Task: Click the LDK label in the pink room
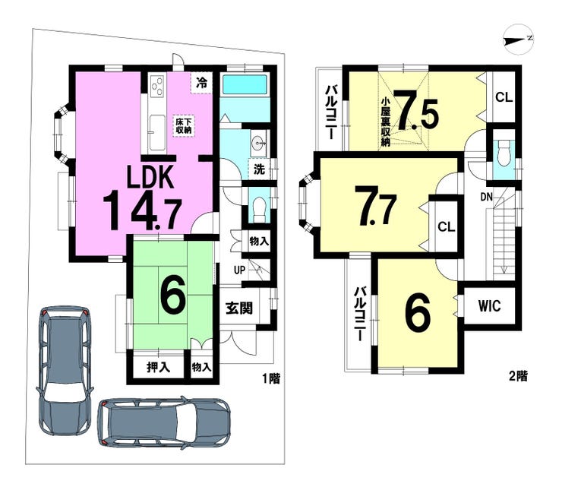coord(150,177)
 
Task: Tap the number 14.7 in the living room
coord(142,210)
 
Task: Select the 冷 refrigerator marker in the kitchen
coord(201,84)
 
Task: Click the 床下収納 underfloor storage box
coord(184,126)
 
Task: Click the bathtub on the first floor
coord(244,85)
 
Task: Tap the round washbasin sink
coord(258,143)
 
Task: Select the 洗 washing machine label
coord(259,169)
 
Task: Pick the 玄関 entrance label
coord(239,308)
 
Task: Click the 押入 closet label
coord(158,367)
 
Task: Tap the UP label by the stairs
coord(239,270)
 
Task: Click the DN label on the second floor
coord(486,197)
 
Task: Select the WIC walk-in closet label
coord(490,306)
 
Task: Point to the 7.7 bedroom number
coord(375,205)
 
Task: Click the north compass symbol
coord(518,39)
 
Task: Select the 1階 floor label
coord(271,378)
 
